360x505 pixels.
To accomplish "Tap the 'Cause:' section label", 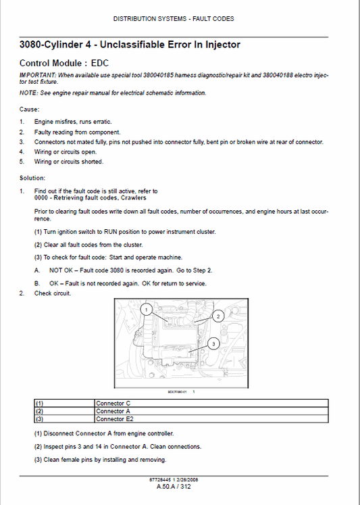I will click(x=29, y=108).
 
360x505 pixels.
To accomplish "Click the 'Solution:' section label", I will click(x=32, y=178).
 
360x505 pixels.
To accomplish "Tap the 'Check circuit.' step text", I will click(x=53, y=293).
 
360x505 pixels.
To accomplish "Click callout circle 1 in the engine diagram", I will click(x=145, y=309).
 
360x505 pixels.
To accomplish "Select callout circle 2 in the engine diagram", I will click(x=217, y=315).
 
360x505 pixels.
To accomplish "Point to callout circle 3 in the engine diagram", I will click(x=213, y=343).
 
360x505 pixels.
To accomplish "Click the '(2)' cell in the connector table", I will click(x=39, y=411).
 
